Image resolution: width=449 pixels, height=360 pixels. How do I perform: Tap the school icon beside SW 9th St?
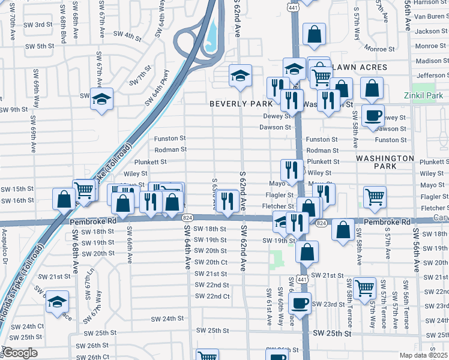[x=101, y=98]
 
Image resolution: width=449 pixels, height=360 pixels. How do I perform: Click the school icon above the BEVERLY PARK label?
[x=240, y=76]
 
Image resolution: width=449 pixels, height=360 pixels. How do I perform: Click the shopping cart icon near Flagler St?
[x=375, y=197]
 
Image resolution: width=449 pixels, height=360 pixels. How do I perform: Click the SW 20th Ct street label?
[x=211, y=262]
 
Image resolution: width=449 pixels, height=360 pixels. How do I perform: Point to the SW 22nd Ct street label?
[x=212, y=296]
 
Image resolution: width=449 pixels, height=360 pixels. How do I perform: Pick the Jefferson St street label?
[x=432, y=75]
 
